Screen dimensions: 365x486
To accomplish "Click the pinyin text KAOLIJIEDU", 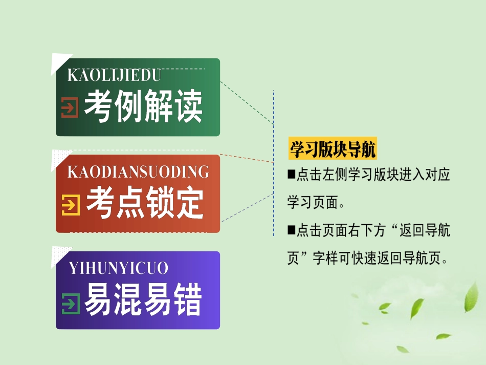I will pos(114,75).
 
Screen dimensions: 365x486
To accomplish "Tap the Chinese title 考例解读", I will pos(144,107).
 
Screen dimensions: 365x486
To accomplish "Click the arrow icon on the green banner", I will pos(70,108).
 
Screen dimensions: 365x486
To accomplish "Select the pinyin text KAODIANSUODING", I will pos(138,171).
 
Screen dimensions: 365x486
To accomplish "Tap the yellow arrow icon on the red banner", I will pos(71,205).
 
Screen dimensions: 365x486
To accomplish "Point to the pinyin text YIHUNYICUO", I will pos(118,268).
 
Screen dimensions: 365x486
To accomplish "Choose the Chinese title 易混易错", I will pos(144,299).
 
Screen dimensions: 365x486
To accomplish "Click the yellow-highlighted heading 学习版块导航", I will pos(333,149).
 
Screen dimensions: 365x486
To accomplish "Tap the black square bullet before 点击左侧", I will pos(291,175).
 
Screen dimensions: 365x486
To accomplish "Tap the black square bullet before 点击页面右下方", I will pos(291,230).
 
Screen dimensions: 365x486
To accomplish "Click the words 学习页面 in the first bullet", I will pos(312,203).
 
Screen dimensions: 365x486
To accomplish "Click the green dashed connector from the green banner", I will pos(247,102).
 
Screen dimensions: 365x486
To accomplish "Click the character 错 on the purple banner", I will pos(188,299).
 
